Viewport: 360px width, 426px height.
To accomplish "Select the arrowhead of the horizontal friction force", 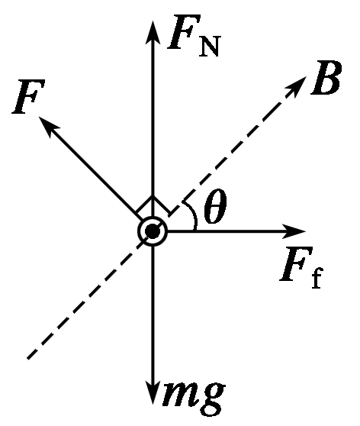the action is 294,231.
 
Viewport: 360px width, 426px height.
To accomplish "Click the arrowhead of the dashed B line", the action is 297,86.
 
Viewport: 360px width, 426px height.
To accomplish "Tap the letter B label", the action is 326,77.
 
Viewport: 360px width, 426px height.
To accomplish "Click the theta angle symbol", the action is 215,206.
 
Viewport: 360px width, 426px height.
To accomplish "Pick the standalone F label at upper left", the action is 28,96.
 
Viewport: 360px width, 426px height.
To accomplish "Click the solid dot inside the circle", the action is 153,232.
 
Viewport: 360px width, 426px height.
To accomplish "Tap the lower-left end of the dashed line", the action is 27,359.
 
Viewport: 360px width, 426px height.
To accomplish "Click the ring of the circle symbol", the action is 153,218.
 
